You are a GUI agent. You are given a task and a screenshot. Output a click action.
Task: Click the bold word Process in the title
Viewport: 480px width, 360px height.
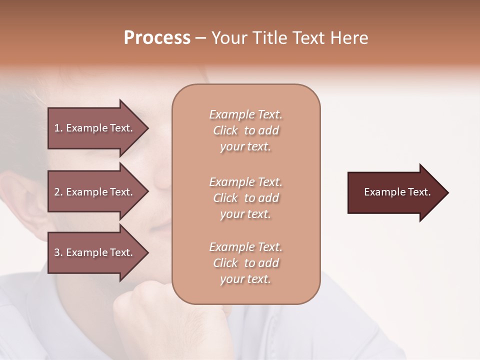click(157, 38)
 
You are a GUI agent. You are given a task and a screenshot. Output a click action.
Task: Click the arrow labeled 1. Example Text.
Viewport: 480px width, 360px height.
click(95, 128)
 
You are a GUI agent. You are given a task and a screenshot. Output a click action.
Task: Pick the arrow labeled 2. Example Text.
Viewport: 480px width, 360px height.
click(95, 192)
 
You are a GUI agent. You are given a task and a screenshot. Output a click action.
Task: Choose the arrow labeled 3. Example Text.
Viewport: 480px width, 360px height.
click(95, 252)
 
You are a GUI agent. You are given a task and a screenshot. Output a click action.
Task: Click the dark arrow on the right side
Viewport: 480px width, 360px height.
click(395, 192)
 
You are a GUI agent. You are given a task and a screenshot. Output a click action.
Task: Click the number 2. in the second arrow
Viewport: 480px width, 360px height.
click(58, 192)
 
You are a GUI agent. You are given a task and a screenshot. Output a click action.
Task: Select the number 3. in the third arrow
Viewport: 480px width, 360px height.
click(58, 252)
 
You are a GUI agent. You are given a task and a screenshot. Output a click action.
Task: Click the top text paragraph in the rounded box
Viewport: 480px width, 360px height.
click(245, 130)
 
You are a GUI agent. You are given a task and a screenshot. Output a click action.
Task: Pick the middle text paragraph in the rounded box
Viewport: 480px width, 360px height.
click(245, 198)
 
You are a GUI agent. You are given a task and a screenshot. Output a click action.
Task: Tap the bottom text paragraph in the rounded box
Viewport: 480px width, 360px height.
click(245, 263)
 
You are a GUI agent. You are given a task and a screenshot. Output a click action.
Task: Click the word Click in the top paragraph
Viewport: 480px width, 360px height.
click(225, 130)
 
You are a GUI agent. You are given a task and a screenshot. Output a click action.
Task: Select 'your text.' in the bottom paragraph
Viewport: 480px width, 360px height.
click(245, 279)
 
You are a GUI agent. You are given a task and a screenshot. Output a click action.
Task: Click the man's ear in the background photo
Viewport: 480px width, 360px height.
click(25, 200)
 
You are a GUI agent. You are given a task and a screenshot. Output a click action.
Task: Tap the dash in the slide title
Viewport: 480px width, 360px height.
click(200, 38)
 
